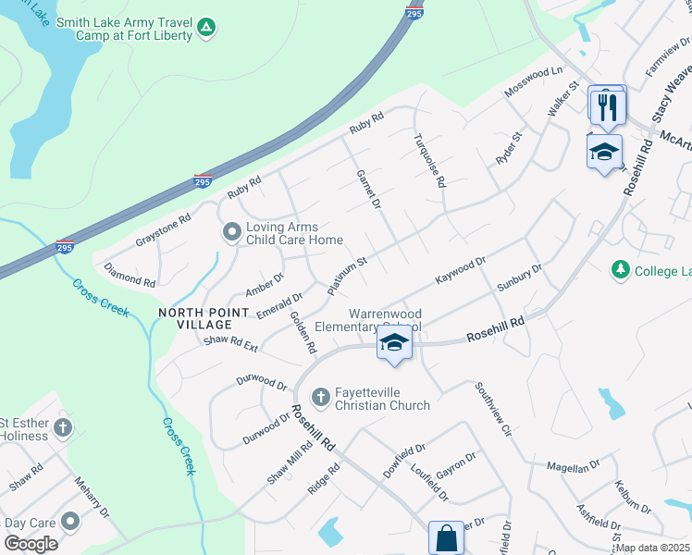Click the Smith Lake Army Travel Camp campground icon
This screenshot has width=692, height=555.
coord(208,29)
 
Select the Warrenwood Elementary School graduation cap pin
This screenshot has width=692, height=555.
coord(394,344)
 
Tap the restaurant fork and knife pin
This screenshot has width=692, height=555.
coord(606,106)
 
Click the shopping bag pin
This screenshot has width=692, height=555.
coord(446,537)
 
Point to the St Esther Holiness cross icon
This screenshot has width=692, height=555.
coord(62,427)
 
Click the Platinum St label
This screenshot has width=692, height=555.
coord(348,276)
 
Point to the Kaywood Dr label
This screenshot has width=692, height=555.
coord(461,271)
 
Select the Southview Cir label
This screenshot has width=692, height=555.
coord(492,408)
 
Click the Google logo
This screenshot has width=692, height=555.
coord(31,543)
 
